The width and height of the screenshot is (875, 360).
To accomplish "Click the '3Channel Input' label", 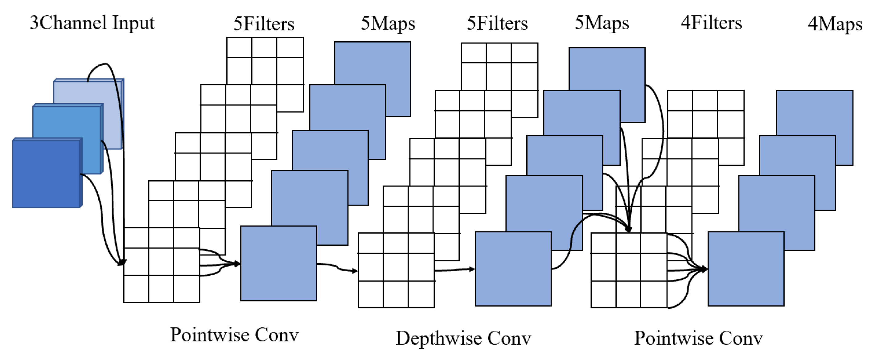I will tap(92, 23).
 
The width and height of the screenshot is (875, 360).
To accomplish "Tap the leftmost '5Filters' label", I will tap(264, 24).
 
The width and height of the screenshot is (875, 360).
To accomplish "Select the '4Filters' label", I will tap(711, 23).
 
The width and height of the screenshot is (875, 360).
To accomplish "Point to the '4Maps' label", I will tap(835, 24).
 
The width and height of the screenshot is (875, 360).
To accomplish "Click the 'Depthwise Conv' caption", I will tap(463, 338).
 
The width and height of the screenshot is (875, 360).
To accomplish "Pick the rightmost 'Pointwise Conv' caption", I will tap(698, 338).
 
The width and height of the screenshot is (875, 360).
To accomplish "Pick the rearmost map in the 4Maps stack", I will tap(822, 112).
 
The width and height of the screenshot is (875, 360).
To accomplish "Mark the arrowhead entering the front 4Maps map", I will tap(705, 269).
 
